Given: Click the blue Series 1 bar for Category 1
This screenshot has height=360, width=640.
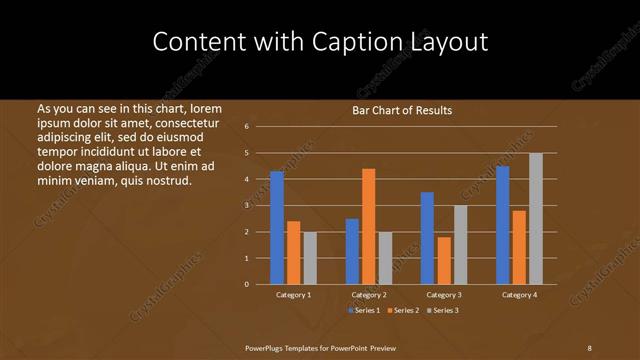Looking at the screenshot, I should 277,228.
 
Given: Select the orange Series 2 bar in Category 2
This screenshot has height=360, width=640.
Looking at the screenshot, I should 368,226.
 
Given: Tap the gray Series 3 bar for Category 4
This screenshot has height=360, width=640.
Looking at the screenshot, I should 535,219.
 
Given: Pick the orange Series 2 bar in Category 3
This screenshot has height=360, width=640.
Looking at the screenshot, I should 444,260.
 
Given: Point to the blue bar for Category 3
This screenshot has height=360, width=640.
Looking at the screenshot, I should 427,238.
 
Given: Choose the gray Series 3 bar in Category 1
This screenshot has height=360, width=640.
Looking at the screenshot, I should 310,258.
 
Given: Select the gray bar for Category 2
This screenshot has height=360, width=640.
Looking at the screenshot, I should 385,258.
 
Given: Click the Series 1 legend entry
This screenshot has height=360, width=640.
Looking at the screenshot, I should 364,311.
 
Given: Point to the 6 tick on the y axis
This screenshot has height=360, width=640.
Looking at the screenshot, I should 247,127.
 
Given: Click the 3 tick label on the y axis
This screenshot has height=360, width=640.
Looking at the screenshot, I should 247,205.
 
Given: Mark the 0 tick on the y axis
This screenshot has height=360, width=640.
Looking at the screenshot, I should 247,284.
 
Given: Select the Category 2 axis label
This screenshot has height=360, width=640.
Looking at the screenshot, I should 368,295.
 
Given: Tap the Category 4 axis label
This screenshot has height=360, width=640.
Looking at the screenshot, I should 518,295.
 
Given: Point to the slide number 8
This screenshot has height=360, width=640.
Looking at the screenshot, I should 589,347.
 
